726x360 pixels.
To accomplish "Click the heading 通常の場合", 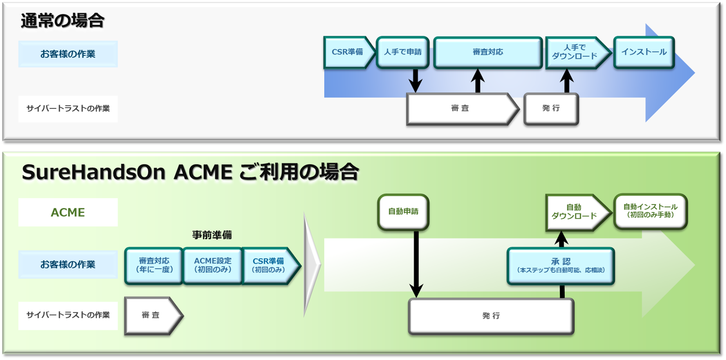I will pos(63,20).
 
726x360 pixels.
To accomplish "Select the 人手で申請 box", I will pos(402,52).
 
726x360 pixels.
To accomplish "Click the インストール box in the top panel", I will pos(644,52).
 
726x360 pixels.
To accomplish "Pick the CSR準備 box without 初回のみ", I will pos(347,52).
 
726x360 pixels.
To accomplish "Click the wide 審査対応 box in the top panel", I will pos(487,52).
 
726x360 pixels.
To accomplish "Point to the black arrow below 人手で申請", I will pos(415,80).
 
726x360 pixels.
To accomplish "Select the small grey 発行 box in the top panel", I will pos(551,109).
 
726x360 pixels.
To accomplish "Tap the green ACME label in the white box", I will pos(68,212).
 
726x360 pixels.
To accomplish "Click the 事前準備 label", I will pos(212,235).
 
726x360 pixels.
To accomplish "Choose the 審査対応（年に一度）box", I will pos(154,265).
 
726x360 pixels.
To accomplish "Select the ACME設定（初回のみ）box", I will pos(212,265).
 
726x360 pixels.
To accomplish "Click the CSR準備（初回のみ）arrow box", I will pos(269,265).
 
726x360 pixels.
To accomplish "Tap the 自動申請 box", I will pos(403,212).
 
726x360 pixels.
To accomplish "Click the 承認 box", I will pos(561,266).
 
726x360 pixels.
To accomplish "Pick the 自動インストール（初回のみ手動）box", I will pos(650,211).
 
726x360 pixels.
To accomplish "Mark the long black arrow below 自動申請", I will pos(416,262).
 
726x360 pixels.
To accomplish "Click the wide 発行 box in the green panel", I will pos(491,316).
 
